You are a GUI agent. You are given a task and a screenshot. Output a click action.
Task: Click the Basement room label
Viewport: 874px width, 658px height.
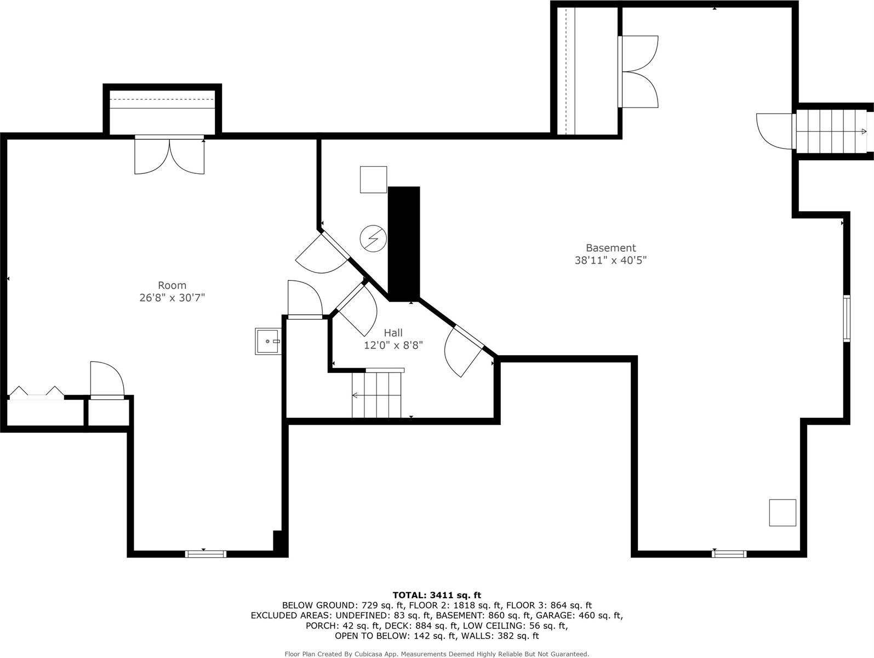610,248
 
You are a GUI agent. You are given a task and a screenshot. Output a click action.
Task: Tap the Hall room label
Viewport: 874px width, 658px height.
393,333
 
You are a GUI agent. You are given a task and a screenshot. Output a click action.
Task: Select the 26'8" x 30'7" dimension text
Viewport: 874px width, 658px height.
172,298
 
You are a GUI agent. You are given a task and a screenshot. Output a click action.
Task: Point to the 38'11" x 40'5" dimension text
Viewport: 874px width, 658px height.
610,260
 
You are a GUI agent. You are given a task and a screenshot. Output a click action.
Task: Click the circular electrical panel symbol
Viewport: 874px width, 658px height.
373,239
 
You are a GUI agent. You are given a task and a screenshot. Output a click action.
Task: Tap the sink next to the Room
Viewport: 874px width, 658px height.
268,342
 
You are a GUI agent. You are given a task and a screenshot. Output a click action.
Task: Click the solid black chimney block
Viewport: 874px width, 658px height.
404,243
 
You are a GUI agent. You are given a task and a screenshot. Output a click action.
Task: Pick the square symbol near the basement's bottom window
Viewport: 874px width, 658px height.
782,513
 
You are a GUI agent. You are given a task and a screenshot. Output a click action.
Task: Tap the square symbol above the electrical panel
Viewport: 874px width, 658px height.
373,180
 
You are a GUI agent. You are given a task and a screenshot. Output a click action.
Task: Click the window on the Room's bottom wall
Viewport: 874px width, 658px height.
206,554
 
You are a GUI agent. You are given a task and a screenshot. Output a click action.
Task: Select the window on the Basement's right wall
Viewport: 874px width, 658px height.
847,318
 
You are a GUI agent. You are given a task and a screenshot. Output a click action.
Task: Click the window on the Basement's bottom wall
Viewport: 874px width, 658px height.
729,554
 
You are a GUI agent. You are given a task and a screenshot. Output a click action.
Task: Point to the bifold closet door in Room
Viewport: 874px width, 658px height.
36,392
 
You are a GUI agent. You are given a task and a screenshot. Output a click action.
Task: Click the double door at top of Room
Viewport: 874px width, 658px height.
170,155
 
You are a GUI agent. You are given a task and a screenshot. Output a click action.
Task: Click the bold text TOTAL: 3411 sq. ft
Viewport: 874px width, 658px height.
437,595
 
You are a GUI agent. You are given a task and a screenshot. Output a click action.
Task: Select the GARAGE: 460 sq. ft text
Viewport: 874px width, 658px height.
578,615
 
